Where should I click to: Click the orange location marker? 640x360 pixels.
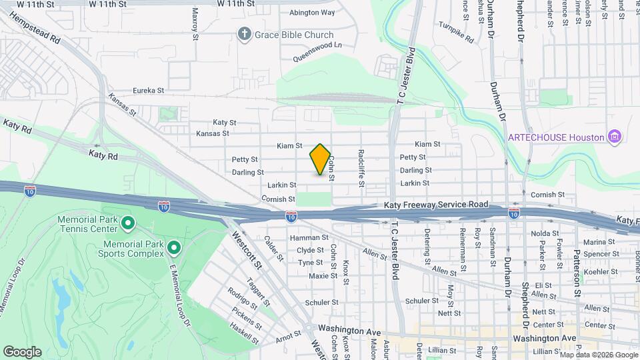[320, 159]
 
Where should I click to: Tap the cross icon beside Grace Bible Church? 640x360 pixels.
[245, 34]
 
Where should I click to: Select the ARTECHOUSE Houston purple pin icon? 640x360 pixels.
[615, 137]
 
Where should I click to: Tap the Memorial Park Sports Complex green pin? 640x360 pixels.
[174, 249]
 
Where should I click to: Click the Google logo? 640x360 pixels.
[22, 352]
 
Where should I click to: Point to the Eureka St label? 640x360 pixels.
[148, 90]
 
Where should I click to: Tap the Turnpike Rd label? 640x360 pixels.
[456, 32]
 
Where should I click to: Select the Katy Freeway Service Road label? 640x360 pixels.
[446, 205]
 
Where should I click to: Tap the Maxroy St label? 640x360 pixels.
[195, 22]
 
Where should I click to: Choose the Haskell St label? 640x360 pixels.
[243, 331]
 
